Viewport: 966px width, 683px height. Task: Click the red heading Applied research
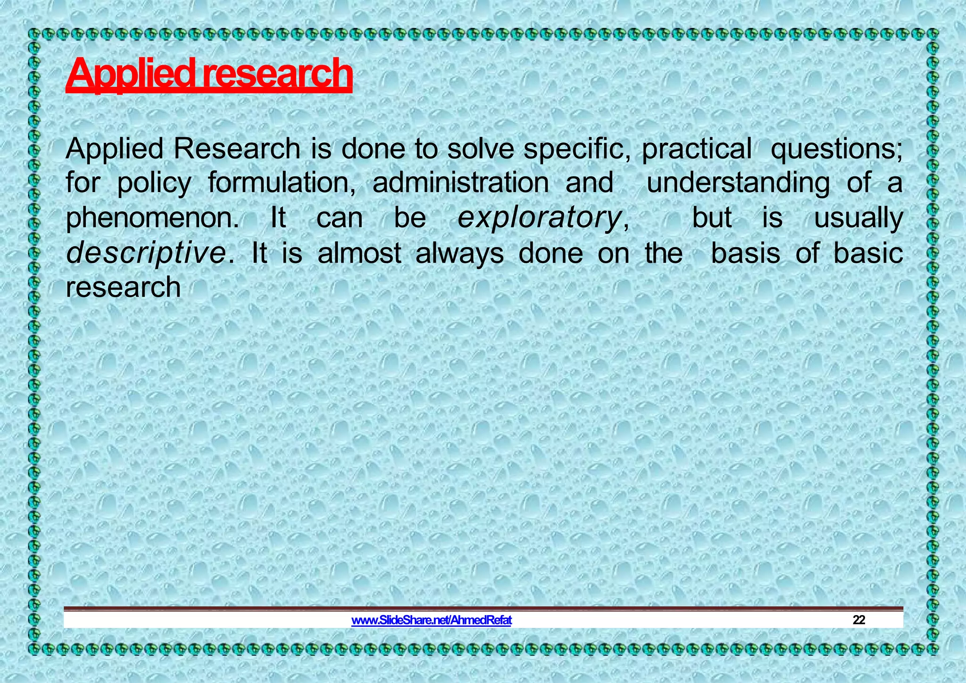pos(209,74)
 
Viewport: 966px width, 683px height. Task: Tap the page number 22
pos(858,620)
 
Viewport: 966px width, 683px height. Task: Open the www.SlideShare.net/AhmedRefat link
pos(431,620)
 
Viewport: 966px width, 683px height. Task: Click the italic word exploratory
pos(539,218)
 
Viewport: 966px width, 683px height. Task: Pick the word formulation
pos(282,183)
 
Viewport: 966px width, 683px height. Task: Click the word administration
pos(460,183)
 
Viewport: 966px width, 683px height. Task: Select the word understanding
pos(738,183)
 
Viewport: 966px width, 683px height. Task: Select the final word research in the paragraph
pos(123,288)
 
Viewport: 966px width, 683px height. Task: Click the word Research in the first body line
pos(236,149)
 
